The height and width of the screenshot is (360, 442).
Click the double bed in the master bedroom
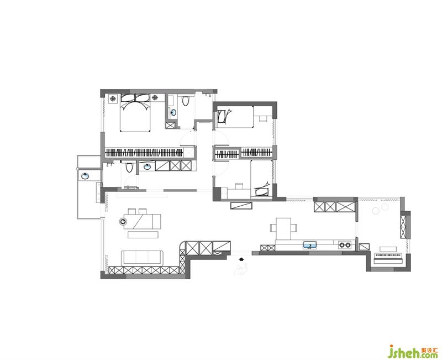point(135,113)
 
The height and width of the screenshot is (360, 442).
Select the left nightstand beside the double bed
point(113,98)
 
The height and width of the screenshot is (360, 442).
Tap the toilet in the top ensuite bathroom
point(185,101)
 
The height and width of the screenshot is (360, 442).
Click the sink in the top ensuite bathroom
point(173,113)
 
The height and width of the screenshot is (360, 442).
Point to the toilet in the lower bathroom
point(129,167)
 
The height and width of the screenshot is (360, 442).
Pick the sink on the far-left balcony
point(85,176)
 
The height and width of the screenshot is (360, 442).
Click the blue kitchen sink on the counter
point(310,245)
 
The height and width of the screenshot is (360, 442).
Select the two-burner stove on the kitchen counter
point(345,245)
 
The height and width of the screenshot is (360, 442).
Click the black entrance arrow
point(241,258)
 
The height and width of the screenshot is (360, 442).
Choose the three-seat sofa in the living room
point(143,258)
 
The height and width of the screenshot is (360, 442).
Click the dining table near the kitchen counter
point(283,228)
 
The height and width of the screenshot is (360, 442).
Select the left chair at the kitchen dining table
point(273,228)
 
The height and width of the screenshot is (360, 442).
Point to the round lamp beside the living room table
point(123,222)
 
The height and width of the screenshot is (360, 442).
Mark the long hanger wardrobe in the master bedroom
point(144,153)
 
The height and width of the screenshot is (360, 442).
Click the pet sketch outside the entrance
point(241,269)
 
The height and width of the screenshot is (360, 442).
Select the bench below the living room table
point(143,234)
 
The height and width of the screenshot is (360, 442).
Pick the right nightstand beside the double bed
point(155,98)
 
